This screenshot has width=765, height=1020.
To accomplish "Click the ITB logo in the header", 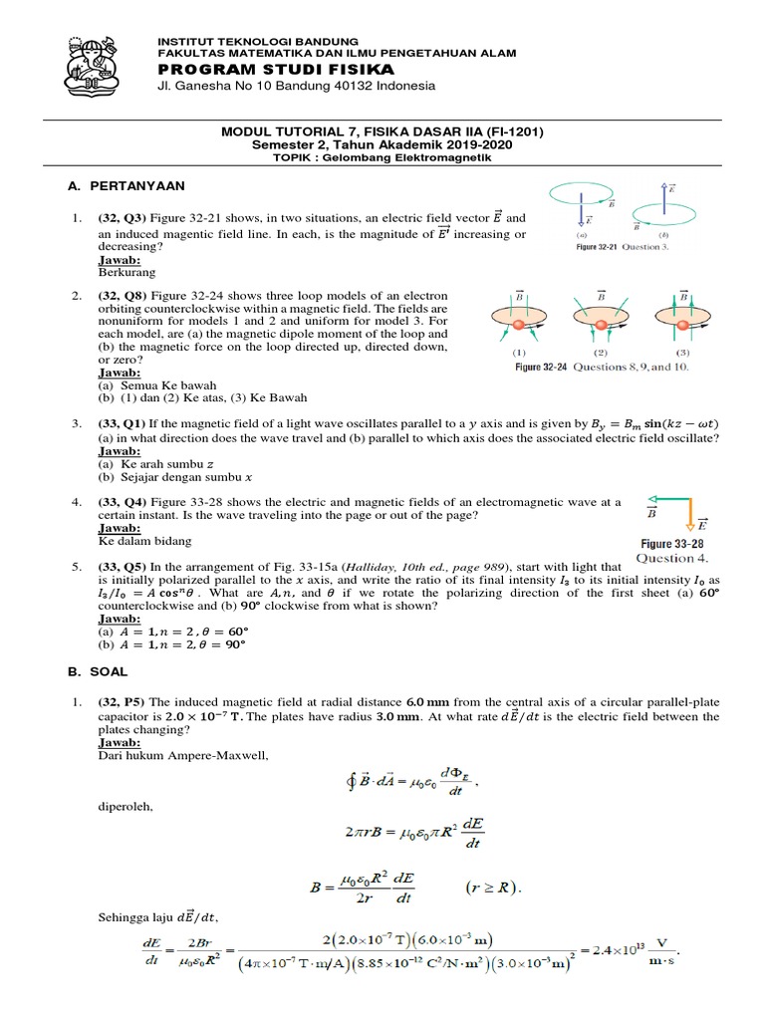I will coord(97,62).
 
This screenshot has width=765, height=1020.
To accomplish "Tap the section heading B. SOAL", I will coord(100,672).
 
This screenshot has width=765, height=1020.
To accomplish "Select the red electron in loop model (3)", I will coord(682,326).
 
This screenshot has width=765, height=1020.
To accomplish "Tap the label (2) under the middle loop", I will coord(600,352).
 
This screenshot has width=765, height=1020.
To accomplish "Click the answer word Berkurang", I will coord(127,272).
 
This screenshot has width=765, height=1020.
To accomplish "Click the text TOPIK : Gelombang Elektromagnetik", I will coord(382,157).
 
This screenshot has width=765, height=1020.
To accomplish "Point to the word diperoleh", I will coord(125,807).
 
